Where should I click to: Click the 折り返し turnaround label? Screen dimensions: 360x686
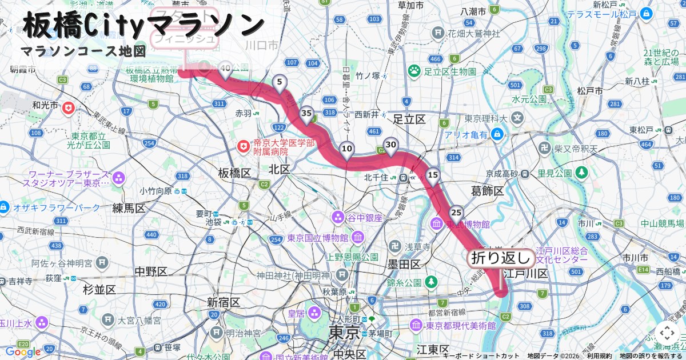coord(501,258)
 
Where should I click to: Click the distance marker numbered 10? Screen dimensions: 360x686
coord(346,149)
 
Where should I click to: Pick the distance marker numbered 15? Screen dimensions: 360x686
coord(433,175)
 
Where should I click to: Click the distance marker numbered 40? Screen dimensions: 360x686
coord(225,70)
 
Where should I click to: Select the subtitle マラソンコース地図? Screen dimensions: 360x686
coord(83,51)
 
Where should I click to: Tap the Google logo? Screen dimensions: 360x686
coord(23,352)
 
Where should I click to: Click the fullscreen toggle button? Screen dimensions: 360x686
coord(667,333)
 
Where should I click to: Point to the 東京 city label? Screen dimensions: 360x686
coord(344,332)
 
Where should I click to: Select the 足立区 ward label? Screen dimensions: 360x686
coord(409,119)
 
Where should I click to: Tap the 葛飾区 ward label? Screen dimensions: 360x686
coord(487,191)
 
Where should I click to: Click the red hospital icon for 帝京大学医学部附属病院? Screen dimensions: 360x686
coord(244,147)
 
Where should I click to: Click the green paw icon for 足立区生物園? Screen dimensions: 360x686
coord(414,71)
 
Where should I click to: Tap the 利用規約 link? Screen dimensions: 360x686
coord(599,356)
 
